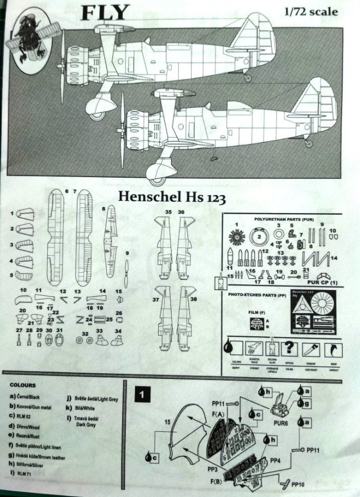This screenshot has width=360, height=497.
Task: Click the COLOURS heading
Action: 22,386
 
